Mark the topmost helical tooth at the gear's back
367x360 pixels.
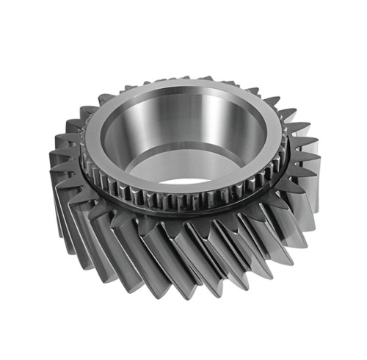pos(187,78)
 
